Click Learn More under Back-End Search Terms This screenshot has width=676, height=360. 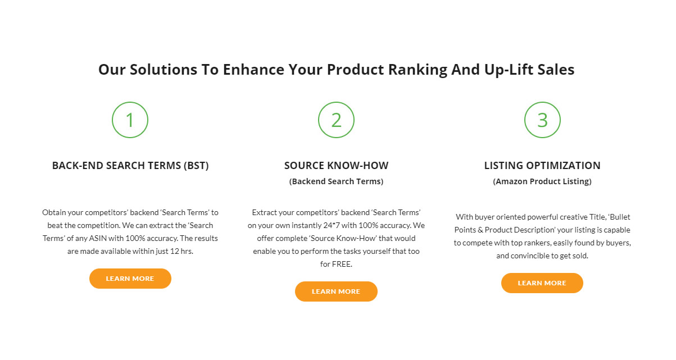(x=130, y=279)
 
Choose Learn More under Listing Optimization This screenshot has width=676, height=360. (x=542, y=283)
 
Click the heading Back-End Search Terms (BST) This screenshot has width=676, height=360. (x=130, y=166)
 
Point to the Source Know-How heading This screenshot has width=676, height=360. (x=336, y=166)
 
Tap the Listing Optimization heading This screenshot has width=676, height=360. (x=542, y=166)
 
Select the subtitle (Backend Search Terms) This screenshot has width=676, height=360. (x=336, y=181)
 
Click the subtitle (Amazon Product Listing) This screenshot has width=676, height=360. (x=542, y=181)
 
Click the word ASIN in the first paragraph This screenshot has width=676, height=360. (x=98, y=238)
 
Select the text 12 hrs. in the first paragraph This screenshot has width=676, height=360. (x=182, y=251)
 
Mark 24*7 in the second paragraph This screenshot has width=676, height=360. (x=332, y=225)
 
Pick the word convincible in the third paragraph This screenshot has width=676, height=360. (x=530, y=256)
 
